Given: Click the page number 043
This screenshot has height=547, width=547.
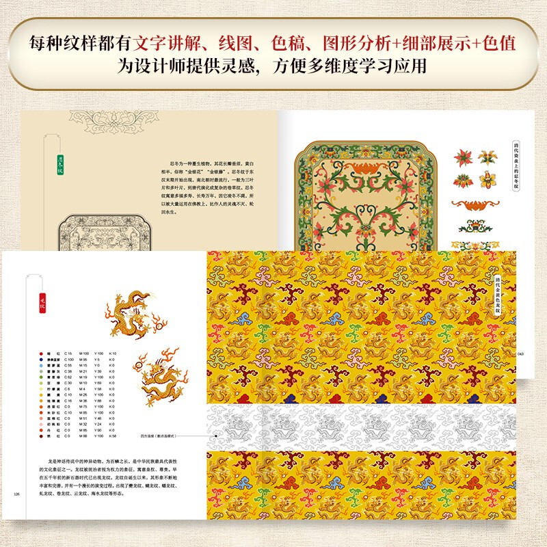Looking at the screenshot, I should click(x=520, y=353).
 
